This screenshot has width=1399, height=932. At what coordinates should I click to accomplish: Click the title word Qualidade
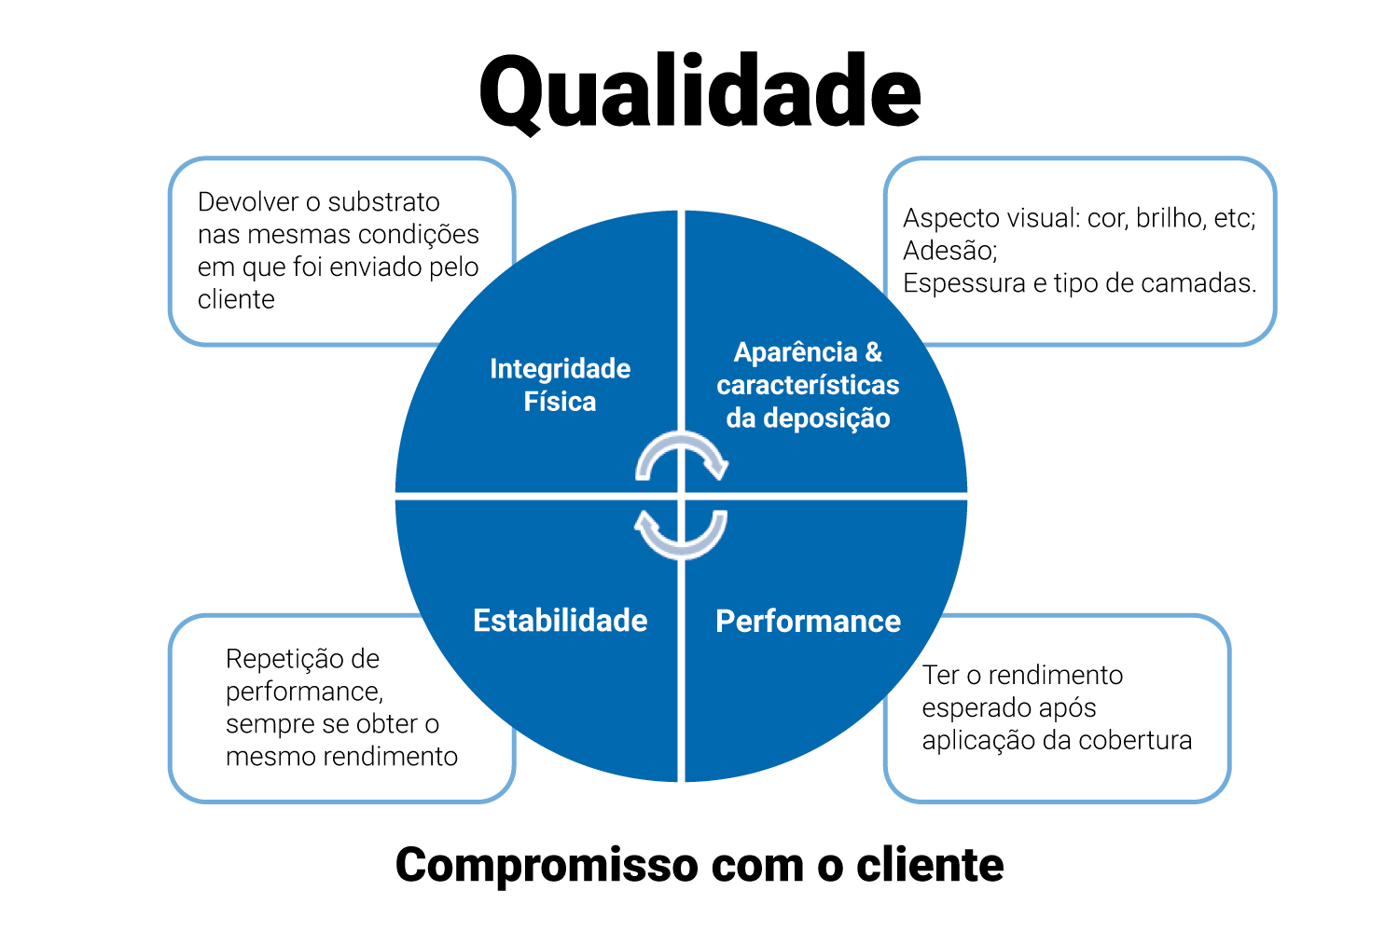(699, 92)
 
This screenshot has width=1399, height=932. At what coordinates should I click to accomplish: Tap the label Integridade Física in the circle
(561, 385)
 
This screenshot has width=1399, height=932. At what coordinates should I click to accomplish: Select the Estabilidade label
(561, 621)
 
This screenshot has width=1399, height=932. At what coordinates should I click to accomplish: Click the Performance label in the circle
(809, 621)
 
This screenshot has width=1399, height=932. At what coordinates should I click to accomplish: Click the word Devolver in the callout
(247, 202)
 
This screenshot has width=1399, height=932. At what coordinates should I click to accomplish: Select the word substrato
(383, 202)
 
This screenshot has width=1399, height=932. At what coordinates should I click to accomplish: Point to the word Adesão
(950, 251)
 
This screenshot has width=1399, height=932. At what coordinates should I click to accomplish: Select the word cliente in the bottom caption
(930, 865)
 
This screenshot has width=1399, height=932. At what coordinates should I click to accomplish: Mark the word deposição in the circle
(826, 419)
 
